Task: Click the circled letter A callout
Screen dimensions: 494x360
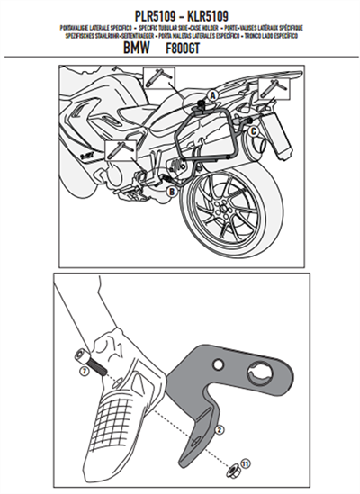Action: [x=212, y=95]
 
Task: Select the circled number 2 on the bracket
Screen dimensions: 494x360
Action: [x=218, y=430]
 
